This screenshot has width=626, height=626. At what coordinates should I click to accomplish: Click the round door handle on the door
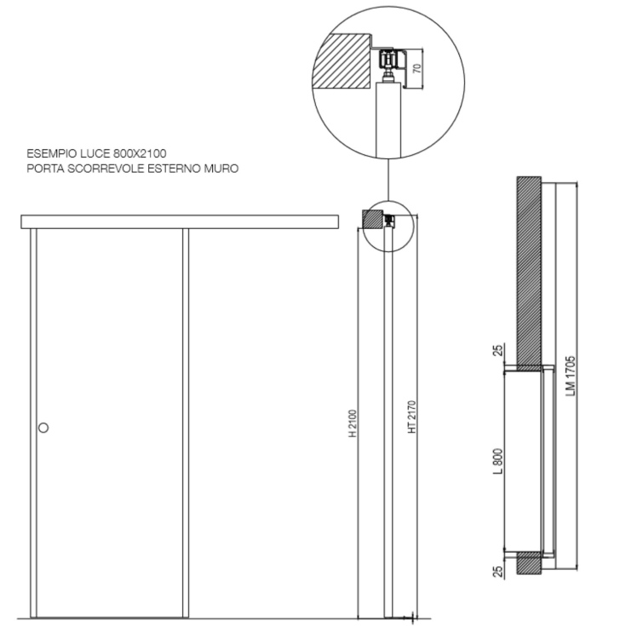pos(43,428)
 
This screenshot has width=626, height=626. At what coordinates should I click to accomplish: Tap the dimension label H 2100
pos(353,422)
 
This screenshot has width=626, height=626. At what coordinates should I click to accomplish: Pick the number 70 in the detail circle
pos(416,67)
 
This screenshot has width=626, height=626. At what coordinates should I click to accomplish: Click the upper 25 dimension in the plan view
pos(498,349)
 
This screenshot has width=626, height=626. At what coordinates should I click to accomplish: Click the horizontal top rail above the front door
pos(179,222)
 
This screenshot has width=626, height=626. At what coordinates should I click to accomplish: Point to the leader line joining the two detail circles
pos(388,180)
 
